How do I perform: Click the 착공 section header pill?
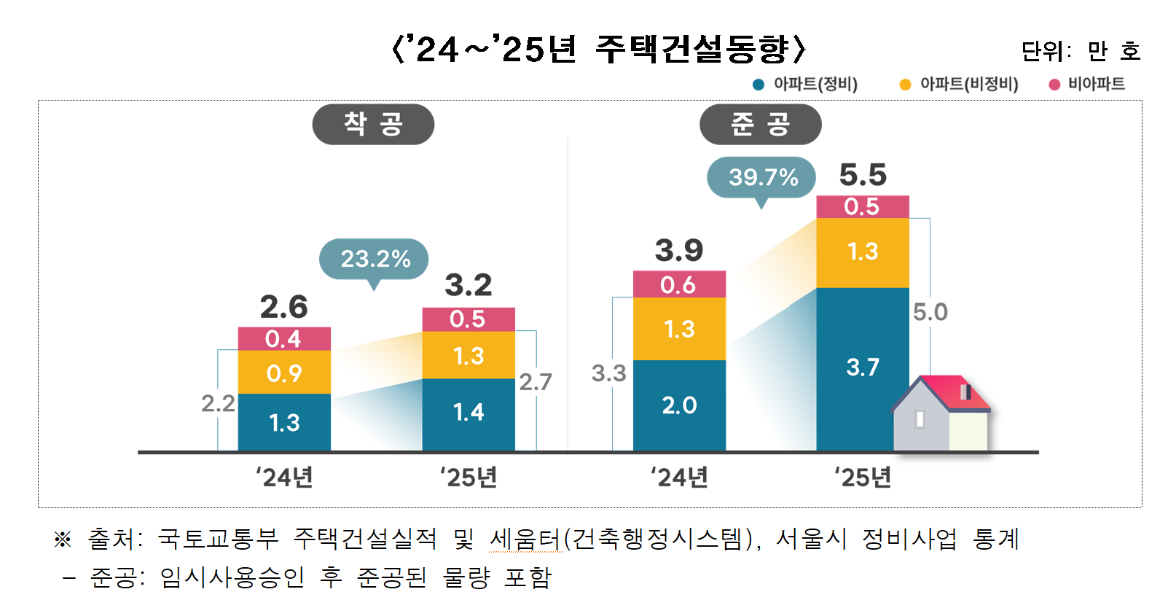[x=373, y=125]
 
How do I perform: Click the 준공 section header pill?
[x=760, y=125]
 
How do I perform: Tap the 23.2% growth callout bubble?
[x=374, y=259]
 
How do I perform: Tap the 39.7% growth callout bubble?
[x=761, y=177]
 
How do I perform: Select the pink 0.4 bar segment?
[x=284, y=339]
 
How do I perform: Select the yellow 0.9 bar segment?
[x=284, y=373]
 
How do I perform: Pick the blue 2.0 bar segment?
[x=679, y=405]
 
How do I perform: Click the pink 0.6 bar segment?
[x=679, y=285]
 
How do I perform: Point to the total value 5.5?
[x=863, y=175]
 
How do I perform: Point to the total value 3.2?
[x=469, y=285]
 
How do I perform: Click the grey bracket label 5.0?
[x=930, y=312]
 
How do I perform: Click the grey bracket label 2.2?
[x=218, y=403]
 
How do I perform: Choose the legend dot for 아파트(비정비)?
[x=905, y=85]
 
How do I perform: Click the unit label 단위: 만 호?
[x=1080, y=51]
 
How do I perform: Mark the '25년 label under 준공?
[x=863, y=478]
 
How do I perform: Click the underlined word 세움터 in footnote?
[x=525, y=539]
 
